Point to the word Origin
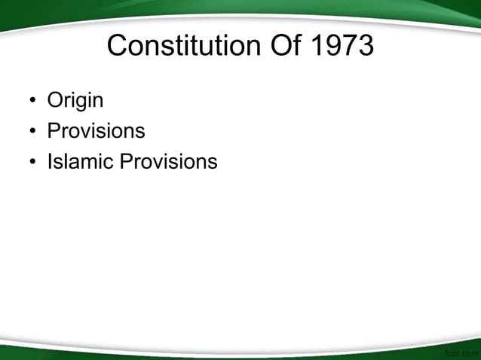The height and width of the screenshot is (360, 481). (x=75, y=100)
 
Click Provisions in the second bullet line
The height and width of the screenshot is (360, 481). (x=96, y=131)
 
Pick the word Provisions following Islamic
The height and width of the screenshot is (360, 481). (x=169, y=161)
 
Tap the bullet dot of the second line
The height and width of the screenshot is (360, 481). (x=32, y=132)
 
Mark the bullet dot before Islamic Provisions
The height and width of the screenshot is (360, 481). (x=32, y=162)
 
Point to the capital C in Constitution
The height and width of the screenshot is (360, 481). (x=118, y=47)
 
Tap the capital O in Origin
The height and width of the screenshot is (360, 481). (x=55, y=100)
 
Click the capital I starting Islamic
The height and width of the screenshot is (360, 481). (x=50, y=161)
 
